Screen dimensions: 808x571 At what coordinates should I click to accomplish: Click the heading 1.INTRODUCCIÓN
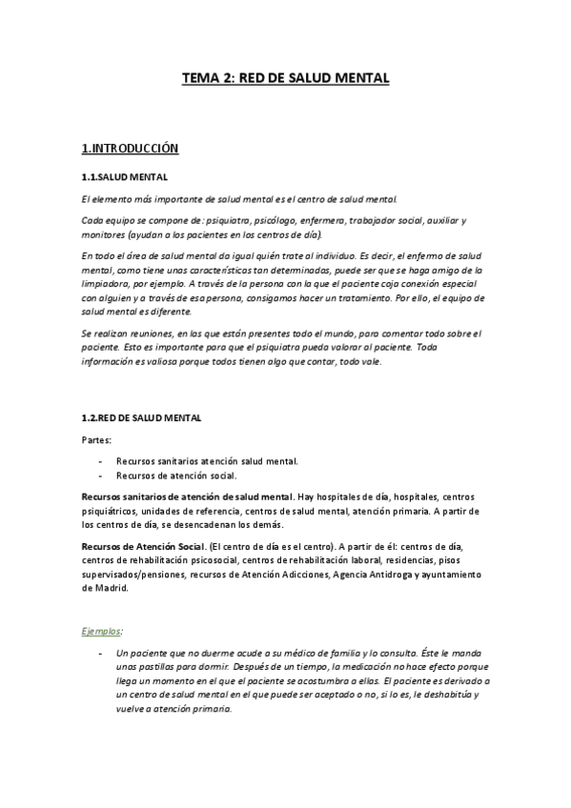pyautogui.click(x=131, y=149)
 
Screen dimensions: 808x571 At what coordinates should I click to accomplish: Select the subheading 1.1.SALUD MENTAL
pyautogui.click(x=125, y=177)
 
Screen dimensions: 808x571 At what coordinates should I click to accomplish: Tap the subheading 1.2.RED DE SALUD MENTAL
pyautogui.click(x=142, y=418)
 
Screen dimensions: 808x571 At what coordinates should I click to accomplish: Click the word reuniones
pyautogui.click(x=152, y=333)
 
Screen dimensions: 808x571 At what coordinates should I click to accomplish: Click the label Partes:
pyautogui.click(x=96, y=440)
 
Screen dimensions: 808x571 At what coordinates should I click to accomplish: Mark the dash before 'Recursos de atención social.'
pyautogui.click(x=101, y=475)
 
